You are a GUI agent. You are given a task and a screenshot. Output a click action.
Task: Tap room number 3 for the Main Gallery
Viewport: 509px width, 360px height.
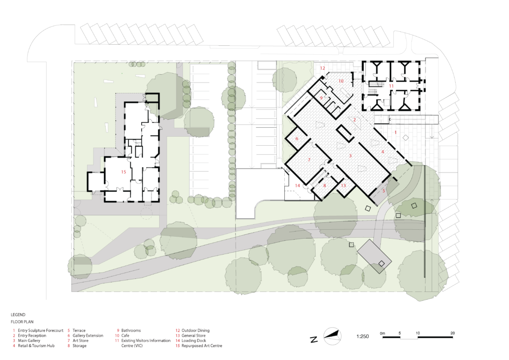coord(351,156)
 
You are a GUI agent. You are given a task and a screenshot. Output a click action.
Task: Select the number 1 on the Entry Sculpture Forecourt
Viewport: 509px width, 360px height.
coord(396,133)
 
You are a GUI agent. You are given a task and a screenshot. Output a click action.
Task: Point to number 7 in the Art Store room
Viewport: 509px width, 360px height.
coord(309,160)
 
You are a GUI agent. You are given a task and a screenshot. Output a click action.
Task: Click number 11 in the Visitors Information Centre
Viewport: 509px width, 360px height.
coord(391,86)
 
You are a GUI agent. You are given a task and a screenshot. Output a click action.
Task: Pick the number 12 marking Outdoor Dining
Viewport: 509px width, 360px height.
coord(322,68)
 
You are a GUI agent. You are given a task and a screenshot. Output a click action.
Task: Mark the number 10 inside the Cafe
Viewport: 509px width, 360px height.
coord(341,80)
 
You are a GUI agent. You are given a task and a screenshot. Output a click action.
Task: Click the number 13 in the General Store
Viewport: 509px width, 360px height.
coord(343,185)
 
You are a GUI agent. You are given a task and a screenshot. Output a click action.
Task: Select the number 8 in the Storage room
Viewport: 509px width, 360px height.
coord(325,185)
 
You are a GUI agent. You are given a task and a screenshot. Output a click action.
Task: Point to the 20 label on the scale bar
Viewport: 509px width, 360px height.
coord(452,332)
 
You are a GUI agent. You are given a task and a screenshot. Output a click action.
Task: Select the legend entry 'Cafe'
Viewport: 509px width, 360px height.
coord(126,336)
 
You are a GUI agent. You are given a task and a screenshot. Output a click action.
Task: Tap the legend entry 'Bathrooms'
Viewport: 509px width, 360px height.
coord(131,330)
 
